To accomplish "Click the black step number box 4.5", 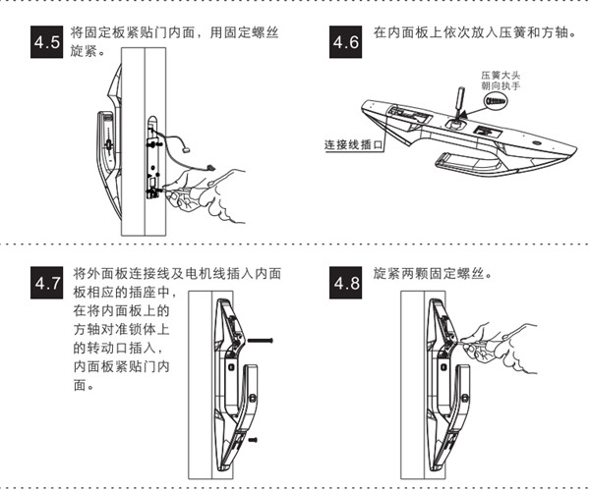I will [x=48, y=43].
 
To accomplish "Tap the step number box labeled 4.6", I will [x=346, y=43].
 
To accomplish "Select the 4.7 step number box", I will [x=48, y=284].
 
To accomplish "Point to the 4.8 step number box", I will [x=346, y=284].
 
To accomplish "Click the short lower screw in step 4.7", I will [x=255, y=439].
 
